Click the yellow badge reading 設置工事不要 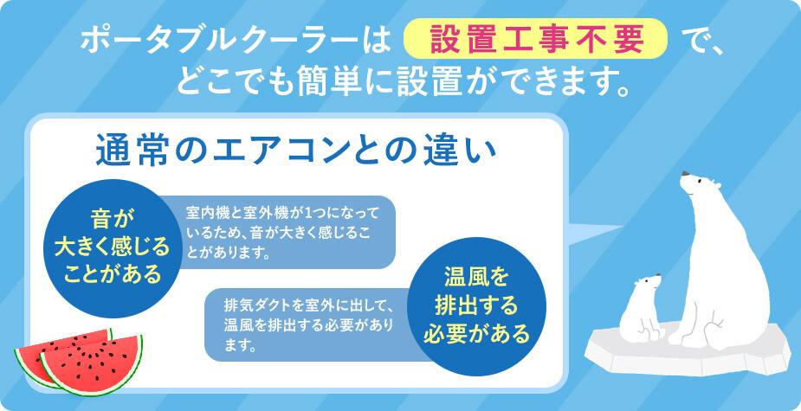coord(535,39)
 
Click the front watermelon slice coord(92,363)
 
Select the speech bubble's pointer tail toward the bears coord(595,232)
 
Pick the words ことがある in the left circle coord(112,275)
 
